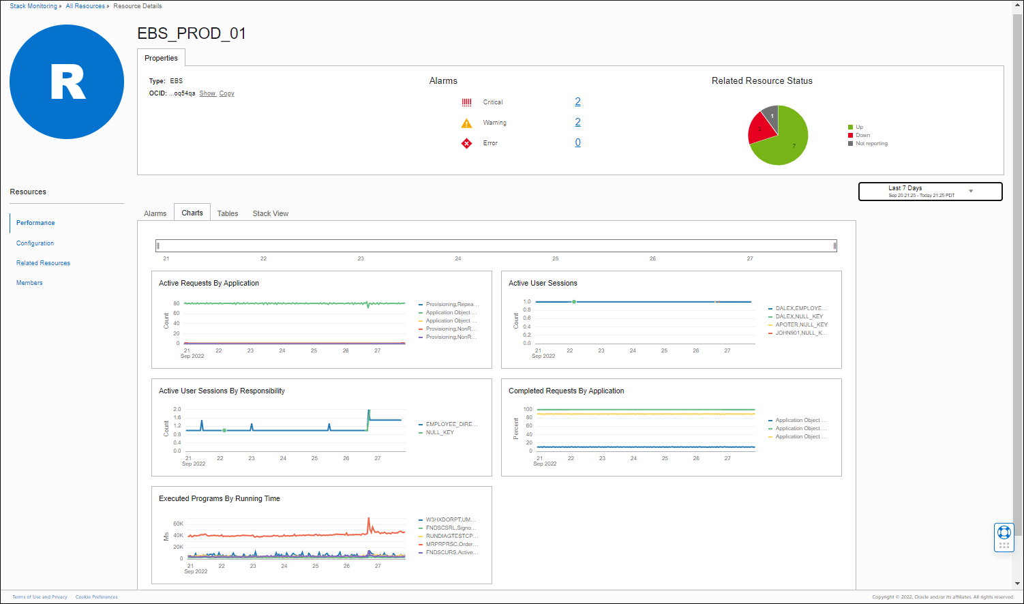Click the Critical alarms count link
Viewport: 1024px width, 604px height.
[x=577, y=102]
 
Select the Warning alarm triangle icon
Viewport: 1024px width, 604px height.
[x=466, y=123]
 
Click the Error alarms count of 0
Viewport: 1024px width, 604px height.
[x=577, y=142]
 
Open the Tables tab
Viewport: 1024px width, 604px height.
[x=228, y=213]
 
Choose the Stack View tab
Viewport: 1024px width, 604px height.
[x=270, y=213]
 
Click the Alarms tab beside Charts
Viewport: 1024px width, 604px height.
[x=155, y=213]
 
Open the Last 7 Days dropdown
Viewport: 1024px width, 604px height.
[x=930, y=192]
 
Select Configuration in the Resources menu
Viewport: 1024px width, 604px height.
[x=35, y=243]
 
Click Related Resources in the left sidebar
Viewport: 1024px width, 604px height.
[x=43, y=263]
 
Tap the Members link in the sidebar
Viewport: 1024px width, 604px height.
[x=29, y=283]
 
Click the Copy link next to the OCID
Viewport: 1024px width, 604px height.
[x=226, y=93]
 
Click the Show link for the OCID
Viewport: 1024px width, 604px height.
[x=207, y=93]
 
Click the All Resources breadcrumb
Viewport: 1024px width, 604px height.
[x=85, y=6]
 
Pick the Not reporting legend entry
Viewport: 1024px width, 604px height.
[x=871, y=144]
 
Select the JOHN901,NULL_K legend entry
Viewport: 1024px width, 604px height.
[x=800, y=333]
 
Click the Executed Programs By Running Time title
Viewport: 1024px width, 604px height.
[x=220, y=498]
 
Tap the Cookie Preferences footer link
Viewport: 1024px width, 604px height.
[x=96, y=597]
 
